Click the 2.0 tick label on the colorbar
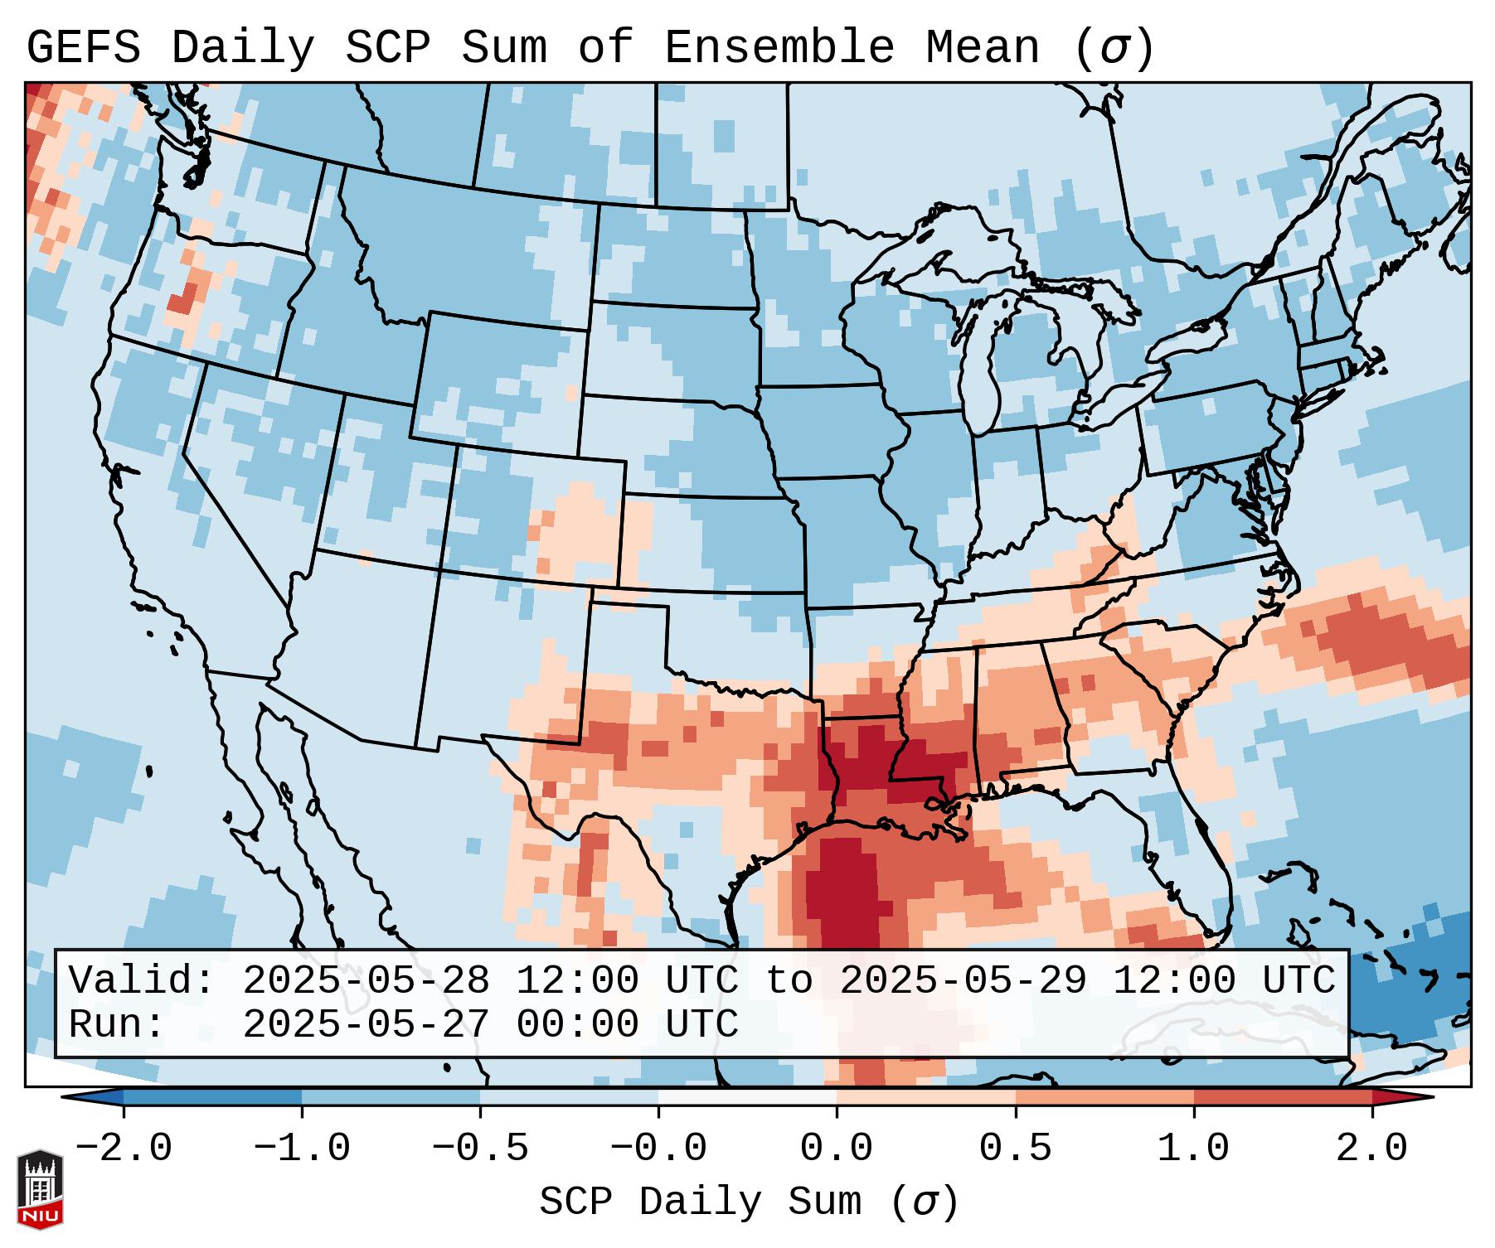coord(1371,1149)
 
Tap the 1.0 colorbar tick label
coord(1193,1149)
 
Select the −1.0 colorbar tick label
coord(301,1149)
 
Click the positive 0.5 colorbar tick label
coord(1015,1149)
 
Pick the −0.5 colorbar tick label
coord(480,1149)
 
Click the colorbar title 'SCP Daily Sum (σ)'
coord(749,1202)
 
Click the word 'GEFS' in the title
coord(83,48)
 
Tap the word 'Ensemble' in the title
coord(779,48)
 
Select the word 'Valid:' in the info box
coord(141,980)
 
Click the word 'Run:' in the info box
coord(116,1024)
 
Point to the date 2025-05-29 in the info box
coord(963,980)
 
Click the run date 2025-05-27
coord(366,1024)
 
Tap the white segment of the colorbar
coord(747,1097)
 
